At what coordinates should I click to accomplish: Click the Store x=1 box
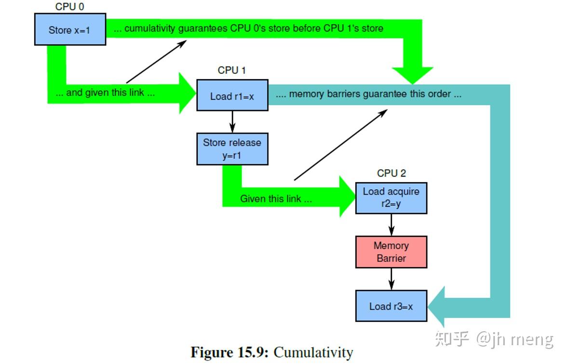(70, 30)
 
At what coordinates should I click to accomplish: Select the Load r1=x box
(232, 96)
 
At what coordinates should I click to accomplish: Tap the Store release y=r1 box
(232, 149)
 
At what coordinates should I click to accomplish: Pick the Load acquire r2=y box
(391, 197)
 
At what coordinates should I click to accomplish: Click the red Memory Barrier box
(391, 252)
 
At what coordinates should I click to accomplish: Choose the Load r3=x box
(391, 306)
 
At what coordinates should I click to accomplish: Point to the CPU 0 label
(69, 7)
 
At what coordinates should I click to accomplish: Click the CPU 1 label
(231, 70)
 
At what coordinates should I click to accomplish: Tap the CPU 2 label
(391, 173)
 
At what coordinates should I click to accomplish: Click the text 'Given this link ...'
(276, 198)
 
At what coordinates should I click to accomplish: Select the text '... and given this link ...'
(105, 93)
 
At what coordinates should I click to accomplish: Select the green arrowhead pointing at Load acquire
(347, 197)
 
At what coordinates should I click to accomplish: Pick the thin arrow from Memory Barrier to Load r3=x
(391, 279)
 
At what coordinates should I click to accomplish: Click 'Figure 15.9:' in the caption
(230, 352)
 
